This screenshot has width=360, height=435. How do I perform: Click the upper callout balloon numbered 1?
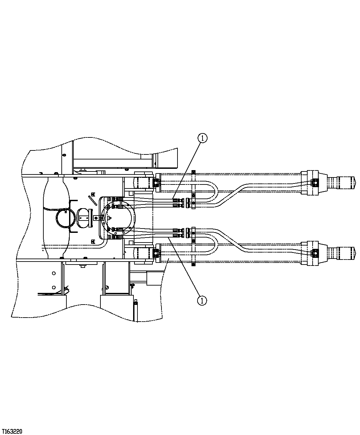coord(203,138)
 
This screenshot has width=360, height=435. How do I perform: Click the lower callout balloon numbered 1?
coord(202,300)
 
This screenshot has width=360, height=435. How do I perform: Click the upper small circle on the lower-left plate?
coord(54,273)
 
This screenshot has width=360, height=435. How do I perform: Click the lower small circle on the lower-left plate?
coord(54,287)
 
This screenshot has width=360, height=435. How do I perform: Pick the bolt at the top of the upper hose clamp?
coord(193,172)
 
